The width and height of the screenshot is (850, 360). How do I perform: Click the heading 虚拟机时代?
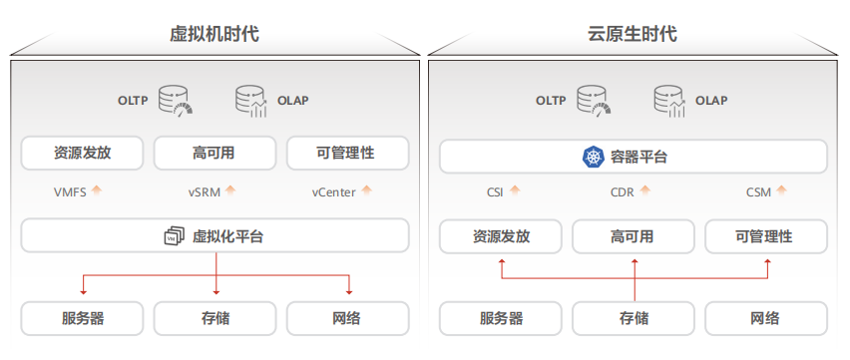(214, 34)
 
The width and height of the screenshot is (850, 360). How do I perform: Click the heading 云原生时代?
(633, 34)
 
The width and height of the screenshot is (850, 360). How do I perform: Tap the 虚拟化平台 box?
(214, 236)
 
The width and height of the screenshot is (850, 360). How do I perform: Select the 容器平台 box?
(633, 157)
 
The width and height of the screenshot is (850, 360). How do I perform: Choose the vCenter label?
(333, 191)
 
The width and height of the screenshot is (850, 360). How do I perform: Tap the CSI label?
(495, 191)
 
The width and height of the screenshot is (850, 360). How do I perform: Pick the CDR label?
(622, 191)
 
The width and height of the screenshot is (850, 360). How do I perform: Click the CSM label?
(758, 191)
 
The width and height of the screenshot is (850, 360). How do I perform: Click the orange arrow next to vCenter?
(367, 189)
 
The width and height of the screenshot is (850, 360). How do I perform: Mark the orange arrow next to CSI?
(517, 189)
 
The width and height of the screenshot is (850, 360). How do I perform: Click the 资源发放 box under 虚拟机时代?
(83, 154)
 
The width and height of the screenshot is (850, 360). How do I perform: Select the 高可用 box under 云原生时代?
(633, 236)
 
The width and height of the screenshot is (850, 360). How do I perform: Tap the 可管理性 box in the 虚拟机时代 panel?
(346, 154)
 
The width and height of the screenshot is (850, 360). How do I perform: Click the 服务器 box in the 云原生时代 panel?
(501, 318)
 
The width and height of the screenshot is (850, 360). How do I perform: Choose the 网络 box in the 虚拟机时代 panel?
(346, 318)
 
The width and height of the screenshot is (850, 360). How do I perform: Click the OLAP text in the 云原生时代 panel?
(711, 101)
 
